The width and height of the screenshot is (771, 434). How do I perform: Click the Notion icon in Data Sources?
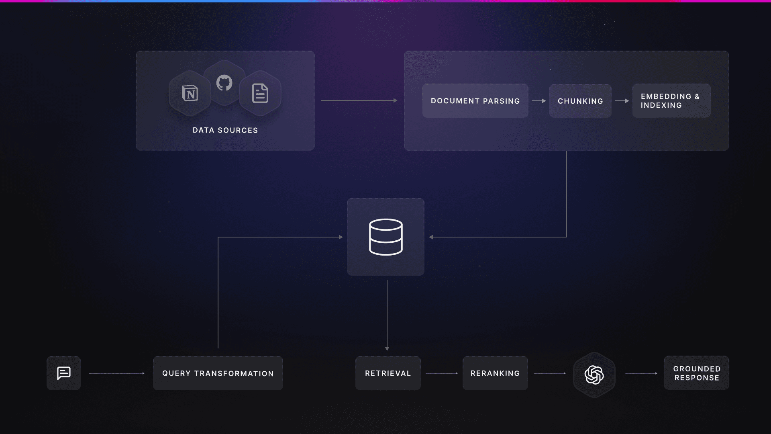190,93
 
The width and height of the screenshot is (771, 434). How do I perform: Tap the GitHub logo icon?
224,83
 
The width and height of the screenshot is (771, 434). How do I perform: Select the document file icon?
260,93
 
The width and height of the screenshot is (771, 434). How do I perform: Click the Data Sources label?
225,130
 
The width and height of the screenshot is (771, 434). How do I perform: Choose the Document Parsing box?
475,101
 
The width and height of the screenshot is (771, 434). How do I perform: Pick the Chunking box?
580,101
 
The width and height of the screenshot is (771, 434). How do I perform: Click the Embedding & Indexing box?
671,101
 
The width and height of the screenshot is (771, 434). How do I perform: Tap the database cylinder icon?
385,237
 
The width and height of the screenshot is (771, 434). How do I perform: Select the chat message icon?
64,373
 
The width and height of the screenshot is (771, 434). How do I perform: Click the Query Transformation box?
218,373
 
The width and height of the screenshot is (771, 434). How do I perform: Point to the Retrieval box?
388,373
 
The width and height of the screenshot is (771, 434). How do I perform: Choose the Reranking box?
495,373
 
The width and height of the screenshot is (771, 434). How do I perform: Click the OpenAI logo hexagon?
594,375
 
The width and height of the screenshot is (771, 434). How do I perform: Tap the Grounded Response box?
696,373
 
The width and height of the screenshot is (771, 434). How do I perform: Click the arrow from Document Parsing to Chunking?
539,101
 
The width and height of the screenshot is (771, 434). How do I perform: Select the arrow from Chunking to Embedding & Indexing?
622,101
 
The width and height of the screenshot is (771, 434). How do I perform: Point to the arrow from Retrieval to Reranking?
442,373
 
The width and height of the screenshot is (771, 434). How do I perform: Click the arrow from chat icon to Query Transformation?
116,373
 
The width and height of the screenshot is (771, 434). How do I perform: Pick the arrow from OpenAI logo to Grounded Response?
641,373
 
